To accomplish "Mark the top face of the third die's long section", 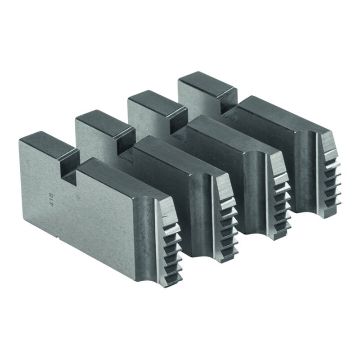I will (225, 133).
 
